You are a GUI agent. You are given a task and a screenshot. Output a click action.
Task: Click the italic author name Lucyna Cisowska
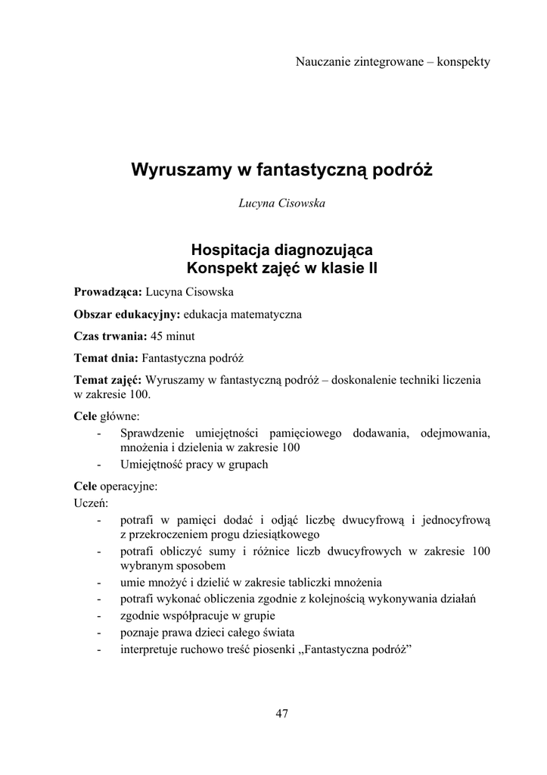[282, 203]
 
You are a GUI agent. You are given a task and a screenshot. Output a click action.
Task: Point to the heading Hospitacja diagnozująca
[282, 248]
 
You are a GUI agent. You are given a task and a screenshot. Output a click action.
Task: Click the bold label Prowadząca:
[108, 292]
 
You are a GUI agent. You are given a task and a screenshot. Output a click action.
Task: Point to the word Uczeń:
[91, 502]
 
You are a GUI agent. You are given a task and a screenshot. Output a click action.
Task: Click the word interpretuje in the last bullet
[151, 649]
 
